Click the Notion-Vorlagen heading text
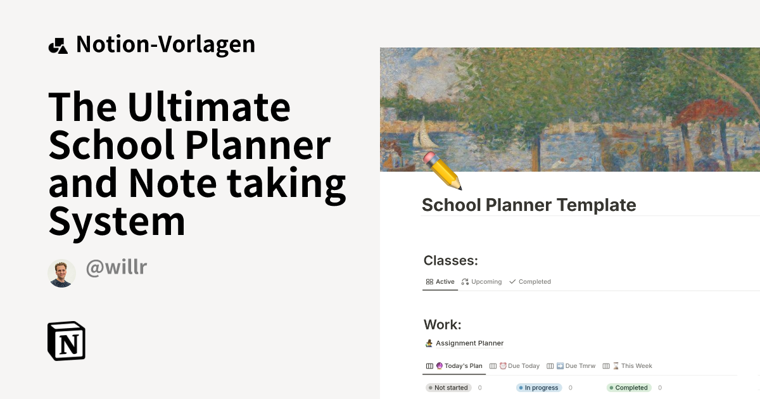click(165, 44)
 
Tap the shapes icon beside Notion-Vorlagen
click(58, 46)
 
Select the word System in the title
click(117, 221)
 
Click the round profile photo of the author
click(61, 273)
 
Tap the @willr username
click(116, 267)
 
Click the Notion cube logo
click(66, 341)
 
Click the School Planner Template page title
click(529, 205)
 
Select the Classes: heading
click(450, 260)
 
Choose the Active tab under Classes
click(440, 282)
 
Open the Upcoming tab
click(482, 282)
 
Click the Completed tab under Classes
click(530, 282)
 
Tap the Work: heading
click(442, 325)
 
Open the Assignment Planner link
click(469, 343)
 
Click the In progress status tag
click(539, 388)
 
